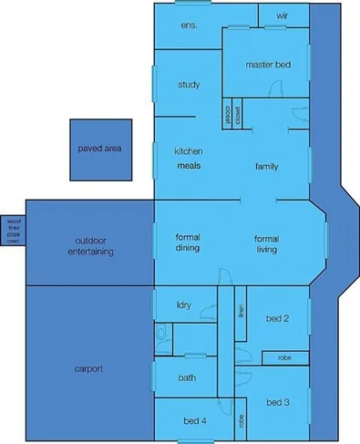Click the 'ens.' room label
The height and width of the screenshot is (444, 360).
[x=190, y=25]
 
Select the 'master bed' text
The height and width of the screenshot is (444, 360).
[x=269, y=65]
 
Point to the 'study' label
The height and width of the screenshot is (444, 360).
[x=189, y=86]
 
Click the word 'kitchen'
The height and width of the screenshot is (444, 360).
[x=188, y=150]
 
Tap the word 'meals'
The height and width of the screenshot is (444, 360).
[x=189, y=166]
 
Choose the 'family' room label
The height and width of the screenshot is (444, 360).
[x=266, y=166]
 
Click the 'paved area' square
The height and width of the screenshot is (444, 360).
[x=99, y=148]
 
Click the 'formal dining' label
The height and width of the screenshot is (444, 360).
[x=188, y=243]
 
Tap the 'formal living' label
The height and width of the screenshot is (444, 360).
[x=265, y=243]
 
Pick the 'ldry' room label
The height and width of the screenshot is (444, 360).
[x=183, y=305]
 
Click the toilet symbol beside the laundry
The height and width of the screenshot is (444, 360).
[x=162, y=338]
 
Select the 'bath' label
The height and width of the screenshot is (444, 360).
[x=187, y=377]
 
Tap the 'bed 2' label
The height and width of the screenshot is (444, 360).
[x=278, y=318]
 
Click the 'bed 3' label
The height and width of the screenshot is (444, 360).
[x=278, y=402]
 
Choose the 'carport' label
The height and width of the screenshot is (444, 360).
[x=89, y=369]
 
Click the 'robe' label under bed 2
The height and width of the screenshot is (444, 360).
[x=283, y=357]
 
